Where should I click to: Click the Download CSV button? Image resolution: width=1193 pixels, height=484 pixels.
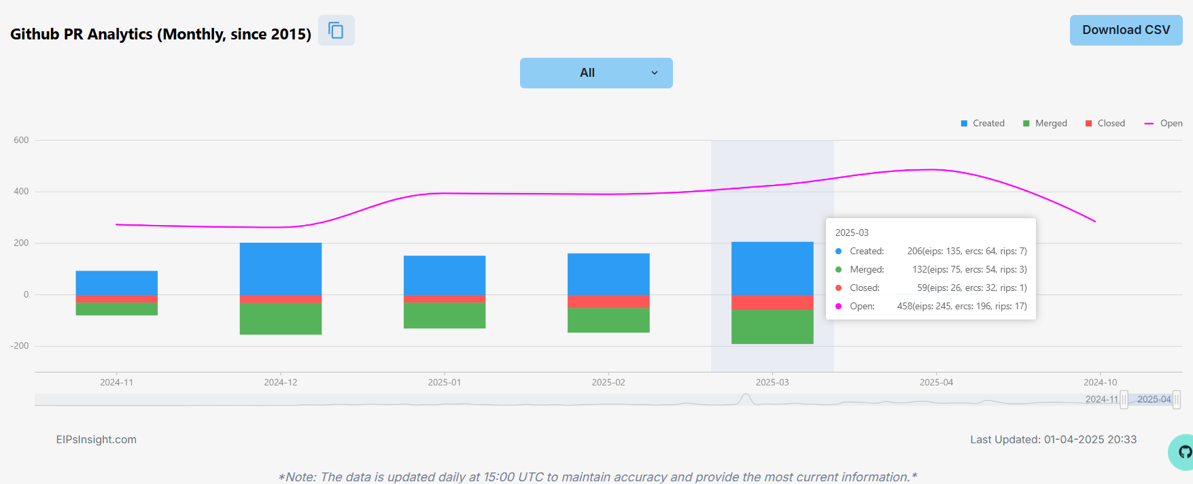pos(1126,31)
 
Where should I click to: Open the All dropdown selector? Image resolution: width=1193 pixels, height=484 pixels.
pos(596,73)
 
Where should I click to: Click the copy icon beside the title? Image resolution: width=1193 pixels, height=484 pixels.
pos(336,31)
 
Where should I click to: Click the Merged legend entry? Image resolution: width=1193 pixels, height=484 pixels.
pos(1045,123)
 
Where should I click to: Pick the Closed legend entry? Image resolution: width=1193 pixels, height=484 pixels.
pos(1105,123)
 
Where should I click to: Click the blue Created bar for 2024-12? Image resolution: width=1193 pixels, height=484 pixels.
pos(281,269)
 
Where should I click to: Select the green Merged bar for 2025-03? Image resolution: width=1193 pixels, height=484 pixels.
pos(772,326)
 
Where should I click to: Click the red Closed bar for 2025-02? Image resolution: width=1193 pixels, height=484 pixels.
pos(608,301)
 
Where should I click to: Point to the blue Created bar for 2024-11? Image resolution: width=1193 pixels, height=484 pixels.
pos(117,283)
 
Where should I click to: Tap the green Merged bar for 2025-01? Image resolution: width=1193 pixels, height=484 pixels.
pos(445,315)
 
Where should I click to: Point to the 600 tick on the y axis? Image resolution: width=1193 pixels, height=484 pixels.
pos(21,140)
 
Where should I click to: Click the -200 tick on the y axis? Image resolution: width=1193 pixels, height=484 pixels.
pos(20,345)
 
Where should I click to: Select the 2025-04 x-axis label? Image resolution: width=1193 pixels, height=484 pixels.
pos(936,382)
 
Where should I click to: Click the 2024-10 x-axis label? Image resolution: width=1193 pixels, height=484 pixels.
pos(1100,382)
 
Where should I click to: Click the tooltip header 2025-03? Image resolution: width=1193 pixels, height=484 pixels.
pos(852,232)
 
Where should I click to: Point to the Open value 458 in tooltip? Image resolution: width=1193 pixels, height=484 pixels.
pos(904,306)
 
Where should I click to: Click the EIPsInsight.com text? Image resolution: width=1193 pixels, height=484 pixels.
pos(97,439)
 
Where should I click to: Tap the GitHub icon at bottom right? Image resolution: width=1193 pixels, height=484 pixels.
pos(1183,452)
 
